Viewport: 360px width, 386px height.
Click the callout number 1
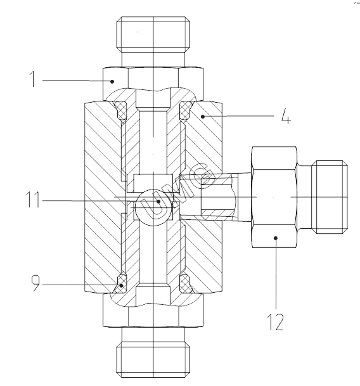point(32,79)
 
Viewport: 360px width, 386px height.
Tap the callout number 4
point(286,116)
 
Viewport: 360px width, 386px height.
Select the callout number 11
point(32,200)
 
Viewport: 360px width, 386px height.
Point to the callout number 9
point(35,283)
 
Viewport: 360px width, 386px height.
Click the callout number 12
point(275,322)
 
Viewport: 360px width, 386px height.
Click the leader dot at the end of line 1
point(112,82)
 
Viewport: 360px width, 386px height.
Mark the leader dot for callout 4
point(203,117)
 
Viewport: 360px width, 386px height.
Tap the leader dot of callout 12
point(276,238)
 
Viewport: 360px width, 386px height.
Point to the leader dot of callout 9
point(122,286)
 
